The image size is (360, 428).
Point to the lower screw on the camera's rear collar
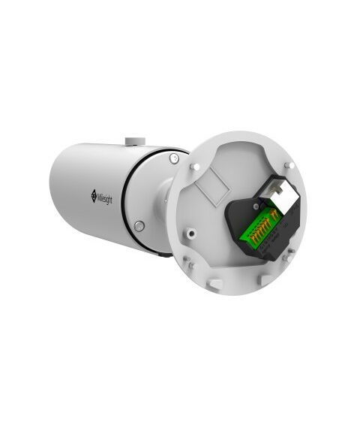[x=139, y=226]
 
